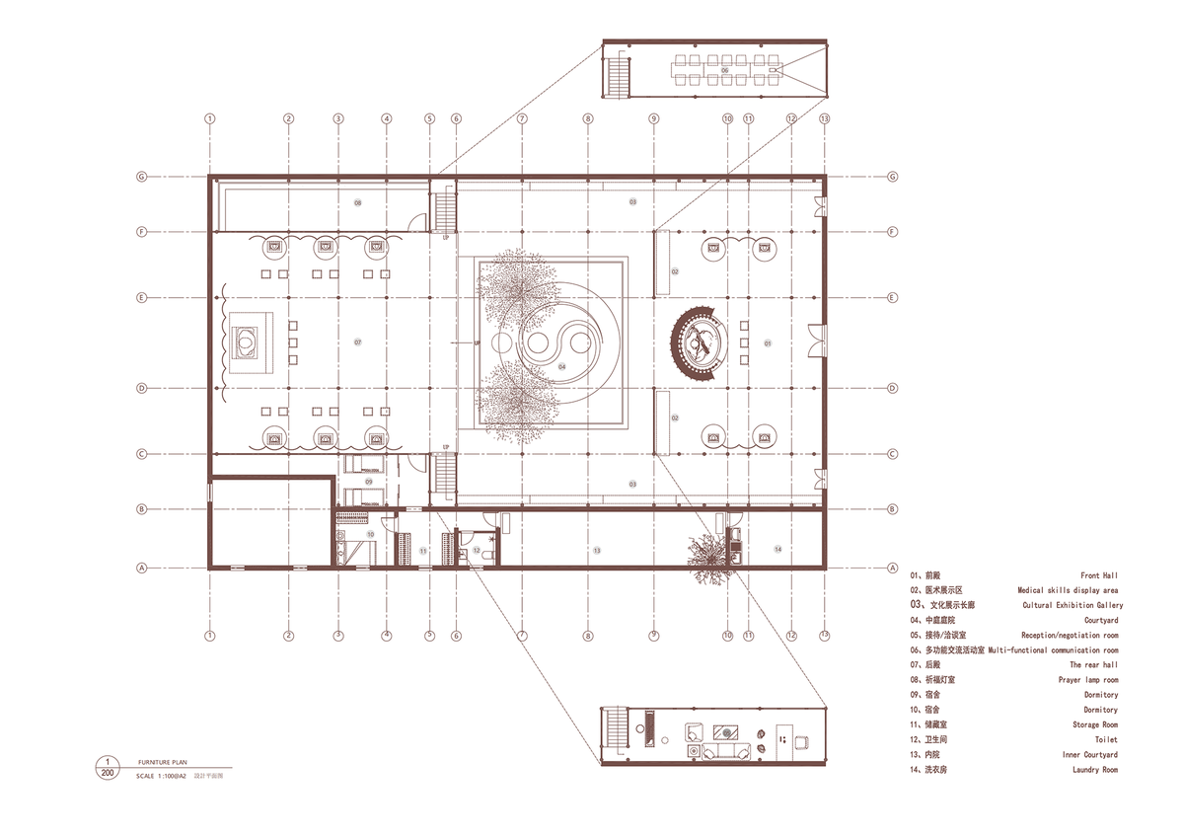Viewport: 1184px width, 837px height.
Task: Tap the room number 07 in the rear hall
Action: pos(358,342)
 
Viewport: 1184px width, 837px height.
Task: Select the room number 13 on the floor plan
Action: pos(596,548)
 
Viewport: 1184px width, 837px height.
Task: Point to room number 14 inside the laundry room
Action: pos(777,548)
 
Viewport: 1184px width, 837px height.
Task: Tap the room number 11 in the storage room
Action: pos(422,549)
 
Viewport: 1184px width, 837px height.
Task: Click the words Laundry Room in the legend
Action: pos(1095,769)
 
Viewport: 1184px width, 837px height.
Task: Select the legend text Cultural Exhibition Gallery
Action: pos(1073,605)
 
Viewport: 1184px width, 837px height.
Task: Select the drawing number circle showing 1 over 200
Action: pos(107,768)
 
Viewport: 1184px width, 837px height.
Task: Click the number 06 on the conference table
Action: pos(724,71)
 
